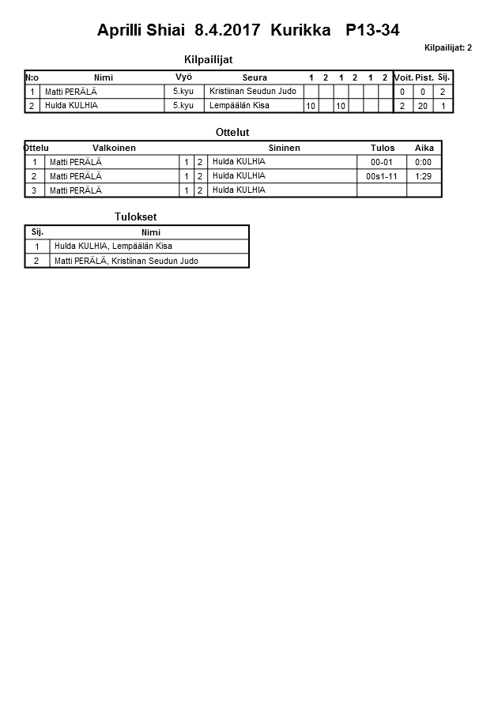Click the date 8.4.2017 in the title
[x=228, y=31]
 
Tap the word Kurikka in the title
[x=300, y=31]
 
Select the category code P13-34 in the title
[x=372, y=31]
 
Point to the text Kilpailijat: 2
[x=447, y=48]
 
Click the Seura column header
[x=255, y=77]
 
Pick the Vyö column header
[x=183, y=77]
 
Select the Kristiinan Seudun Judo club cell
[x=252, y=92]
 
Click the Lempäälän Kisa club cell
[x=240, y=105]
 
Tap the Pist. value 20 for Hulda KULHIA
[x=423, y=106]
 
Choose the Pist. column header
[x=424, y=77]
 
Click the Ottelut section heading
[x=232, y=132]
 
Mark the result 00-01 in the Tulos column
[x=382, y=162]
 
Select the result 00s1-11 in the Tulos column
[x=382, y=176]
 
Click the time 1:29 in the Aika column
[x=424, y=176]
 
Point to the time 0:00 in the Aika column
[x=424, y=162]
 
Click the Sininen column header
[x=284, y=148]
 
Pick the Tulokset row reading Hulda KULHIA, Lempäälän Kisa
[x=113, y=246]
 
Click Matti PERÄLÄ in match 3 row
[x=75, y=190]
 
